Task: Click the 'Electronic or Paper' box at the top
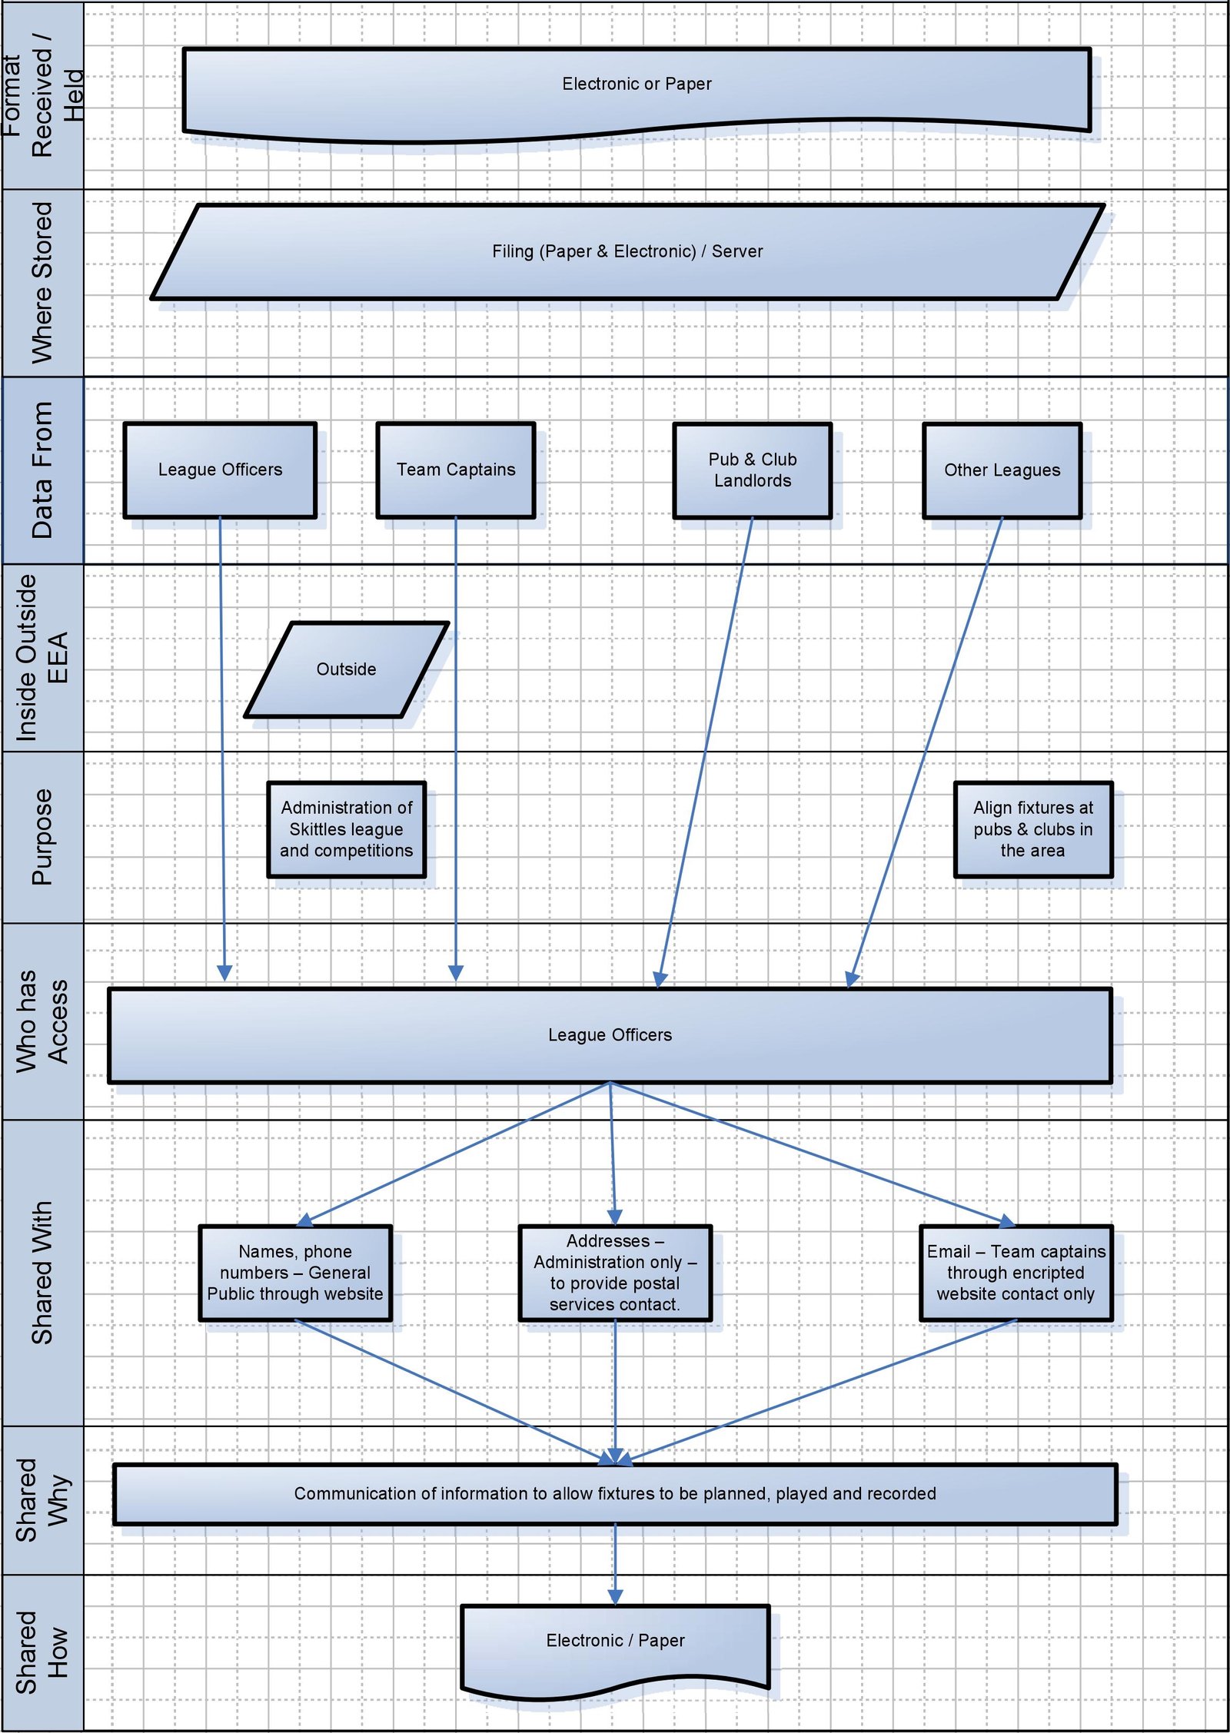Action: (637, 85)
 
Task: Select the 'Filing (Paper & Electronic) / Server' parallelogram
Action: (627, 251)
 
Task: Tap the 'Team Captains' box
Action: (456, 470)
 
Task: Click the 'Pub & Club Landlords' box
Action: (752, 470)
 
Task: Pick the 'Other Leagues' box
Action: (1002, 470)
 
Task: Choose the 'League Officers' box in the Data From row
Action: (220, 470)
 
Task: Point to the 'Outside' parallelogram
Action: (346, 669)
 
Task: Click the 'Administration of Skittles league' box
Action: (346, 829)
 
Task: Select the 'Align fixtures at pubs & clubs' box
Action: (1032, 829)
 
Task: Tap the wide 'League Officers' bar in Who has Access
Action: (610, 1035)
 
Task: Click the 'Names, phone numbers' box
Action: (295, 1273)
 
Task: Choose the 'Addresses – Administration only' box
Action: (615, 1273)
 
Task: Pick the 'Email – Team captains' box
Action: (1016, 1273)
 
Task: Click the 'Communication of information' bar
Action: (615, 1493)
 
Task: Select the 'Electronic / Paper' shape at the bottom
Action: (615, 1641)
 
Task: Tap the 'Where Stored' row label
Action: (42, 282)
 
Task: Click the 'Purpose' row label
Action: (42, 837)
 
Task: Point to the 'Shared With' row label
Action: (42, 1272)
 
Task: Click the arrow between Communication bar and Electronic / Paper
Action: (615, 1562)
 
